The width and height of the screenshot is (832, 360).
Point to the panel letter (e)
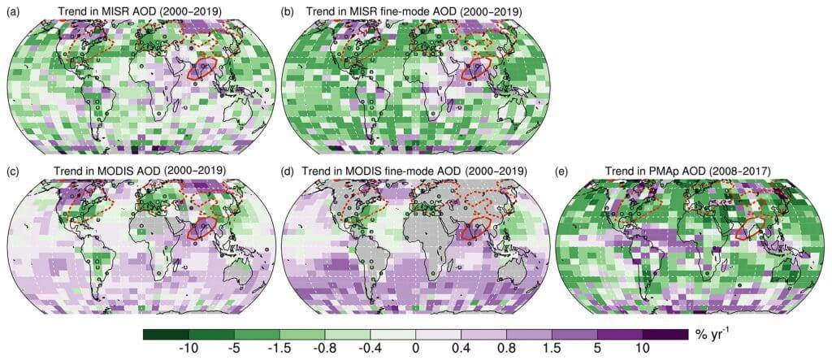click(x=562, y=172)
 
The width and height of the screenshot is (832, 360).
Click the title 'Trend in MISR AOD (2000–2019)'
click(x=141, y=11)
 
